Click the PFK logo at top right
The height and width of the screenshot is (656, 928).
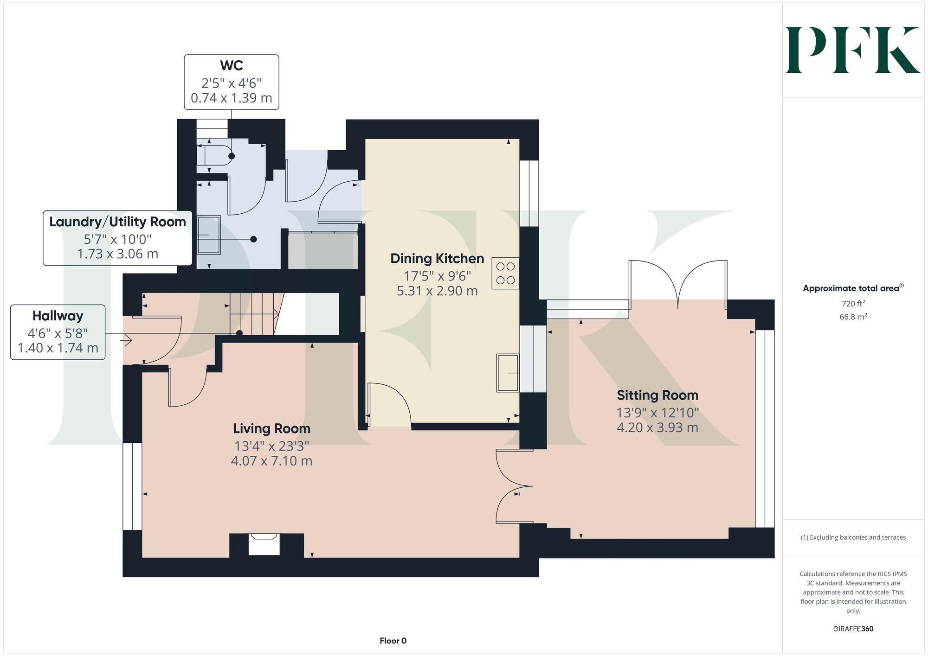point(852,50)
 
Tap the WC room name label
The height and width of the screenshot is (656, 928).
point(231,65)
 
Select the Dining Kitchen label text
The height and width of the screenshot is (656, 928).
point(437,259)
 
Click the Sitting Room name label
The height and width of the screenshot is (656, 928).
point(657,395)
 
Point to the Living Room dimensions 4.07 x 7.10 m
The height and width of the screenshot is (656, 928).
point(271,461)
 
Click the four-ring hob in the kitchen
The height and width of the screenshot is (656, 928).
point(505,274)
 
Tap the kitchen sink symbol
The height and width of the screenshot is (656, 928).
point(507,373)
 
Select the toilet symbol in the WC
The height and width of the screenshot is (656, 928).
point(214,156)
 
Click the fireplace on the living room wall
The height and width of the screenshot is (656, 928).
point(264,543)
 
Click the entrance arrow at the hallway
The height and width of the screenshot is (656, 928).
point(127,341)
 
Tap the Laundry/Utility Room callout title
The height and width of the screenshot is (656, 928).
point(117,222)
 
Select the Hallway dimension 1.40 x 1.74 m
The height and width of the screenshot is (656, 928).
point(58,348)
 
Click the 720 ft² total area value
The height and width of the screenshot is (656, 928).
point(853,304)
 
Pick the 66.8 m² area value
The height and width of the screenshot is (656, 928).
point(853,317)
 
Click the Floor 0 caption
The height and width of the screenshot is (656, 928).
point(393,641)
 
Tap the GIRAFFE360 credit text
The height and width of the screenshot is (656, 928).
point(853,629)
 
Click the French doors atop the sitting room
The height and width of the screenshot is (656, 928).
point(678,283)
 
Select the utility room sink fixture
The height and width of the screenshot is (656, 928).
point(209,235)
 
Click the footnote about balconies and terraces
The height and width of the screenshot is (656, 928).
point(853,538)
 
